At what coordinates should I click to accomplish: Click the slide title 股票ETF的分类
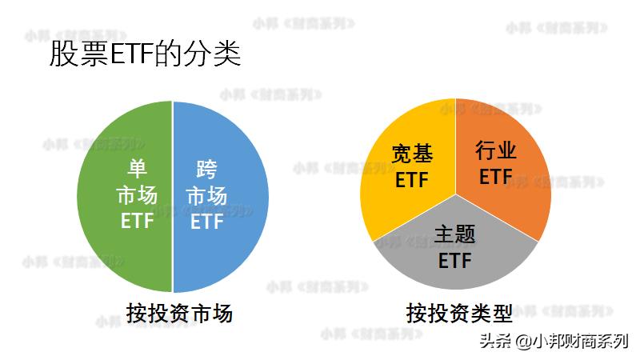click(x=145, y=55)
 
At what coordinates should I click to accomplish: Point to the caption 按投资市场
click(x=179, y=313)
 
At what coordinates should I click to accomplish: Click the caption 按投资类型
click(x=458, y=313)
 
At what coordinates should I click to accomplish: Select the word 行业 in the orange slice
click(x=496, y=150)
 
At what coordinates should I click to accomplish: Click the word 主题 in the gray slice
click(x=454, y=234)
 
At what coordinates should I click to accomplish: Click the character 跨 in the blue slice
click(x=206, y=170)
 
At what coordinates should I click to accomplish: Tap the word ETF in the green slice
click(x=137, y=221)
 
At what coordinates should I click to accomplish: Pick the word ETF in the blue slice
click(x=206, y=222)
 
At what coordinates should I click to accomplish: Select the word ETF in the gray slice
click(x=454, y=260)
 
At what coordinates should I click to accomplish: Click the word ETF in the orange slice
click(x=496, y=176)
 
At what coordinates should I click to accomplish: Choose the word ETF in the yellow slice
click(x=413, y=178)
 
